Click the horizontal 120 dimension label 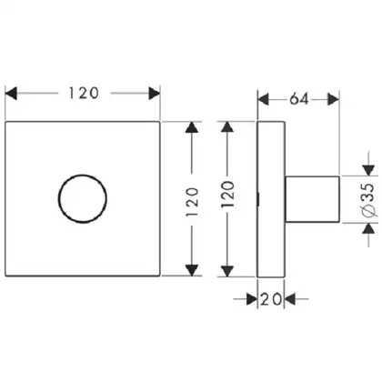coord(84,93)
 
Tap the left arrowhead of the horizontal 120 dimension coord(11,93)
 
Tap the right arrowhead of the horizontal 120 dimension coord(154,93)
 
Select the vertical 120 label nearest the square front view coord(192,202)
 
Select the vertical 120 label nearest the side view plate coord(227,194)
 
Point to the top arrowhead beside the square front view coord(192,127)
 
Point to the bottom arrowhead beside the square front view coord(192,270)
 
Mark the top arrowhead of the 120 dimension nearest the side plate coord(227,127)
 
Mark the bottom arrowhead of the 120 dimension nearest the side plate coord(227,271)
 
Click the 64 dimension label coord(299,99)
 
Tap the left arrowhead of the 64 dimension coord(263,99)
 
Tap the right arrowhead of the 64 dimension coord(334,99)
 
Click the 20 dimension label coord(271,299)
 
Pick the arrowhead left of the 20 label coord(252,299)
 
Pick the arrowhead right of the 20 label coord(289,299)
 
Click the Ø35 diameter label coord(369,200)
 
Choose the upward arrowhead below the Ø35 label coord(368,228)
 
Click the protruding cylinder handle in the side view coord(312,199)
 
